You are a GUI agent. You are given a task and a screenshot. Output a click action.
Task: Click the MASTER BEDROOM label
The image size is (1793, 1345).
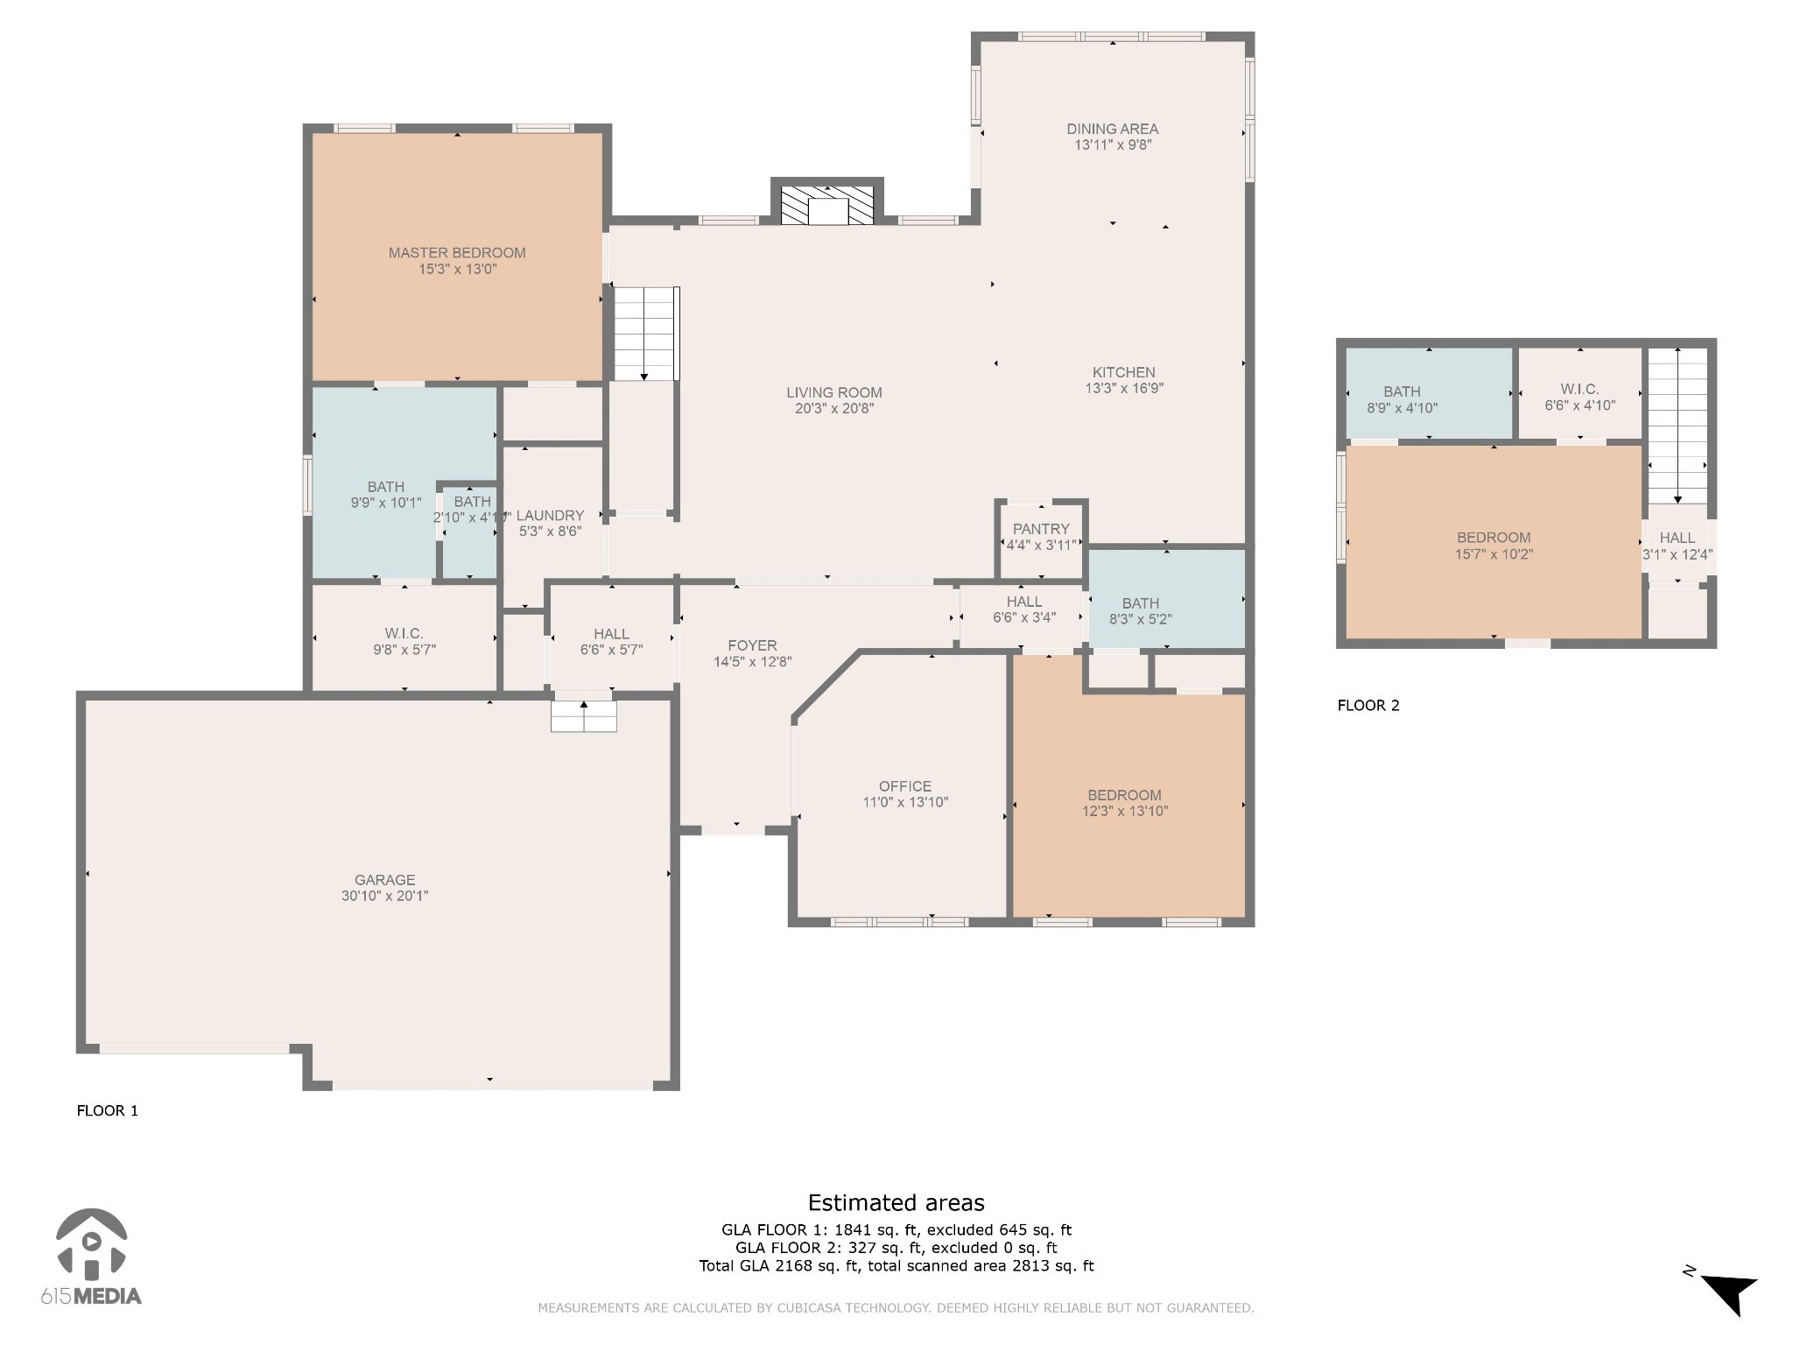click(x=457, y=253)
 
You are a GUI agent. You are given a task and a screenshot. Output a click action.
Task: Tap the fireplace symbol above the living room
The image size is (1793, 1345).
click(x=827, y=205)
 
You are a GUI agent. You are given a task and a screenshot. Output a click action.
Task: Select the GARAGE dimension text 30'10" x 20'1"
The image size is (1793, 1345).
click(x=385, y=896)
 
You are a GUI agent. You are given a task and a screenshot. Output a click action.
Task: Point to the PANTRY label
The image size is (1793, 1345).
click(x=1041, y=529)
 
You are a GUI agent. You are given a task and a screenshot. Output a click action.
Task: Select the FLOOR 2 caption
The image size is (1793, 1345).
click(x=1368, y=706)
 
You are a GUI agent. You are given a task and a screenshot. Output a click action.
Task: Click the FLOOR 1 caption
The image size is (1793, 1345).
click(x=108, y=1111)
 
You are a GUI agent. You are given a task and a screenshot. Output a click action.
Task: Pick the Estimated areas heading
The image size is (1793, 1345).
click(x=896, y=1203)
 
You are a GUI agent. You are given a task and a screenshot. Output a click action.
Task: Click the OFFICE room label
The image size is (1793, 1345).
click(x=905, y=786)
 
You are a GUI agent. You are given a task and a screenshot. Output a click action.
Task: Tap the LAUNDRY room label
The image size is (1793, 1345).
click(x=550, y=516)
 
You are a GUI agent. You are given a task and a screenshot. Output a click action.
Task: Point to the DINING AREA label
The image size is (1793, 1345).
click(x=1112, y=129)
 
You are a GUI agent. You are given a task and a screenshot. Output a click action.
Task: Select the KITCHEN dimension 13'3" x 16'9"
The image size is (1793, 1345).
click(x=1124, y=388)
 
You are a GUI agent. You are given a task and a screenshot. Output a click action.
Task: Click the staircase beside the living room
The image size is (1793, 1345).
click(x=646, y=334)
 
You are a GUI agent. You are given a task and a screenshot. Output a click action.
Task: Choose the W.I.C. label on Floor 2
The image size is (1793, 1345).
click(x=1579, y=389)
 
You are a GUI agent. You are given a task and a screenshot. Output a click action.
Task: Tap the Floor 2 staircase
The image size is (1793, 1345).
click(x=1677, y=426)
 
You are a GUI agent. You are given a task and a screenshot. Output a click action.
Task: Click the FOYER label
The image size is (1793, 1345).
click(x=752, y=646)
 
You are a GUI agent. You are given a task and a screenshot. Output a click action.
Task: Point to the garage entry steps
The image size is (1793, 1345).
click(x=584, y=716)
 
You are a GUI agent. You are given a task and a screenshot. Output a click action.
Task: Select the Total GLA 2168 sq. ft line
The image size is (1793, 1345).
click(x=896, y=1265)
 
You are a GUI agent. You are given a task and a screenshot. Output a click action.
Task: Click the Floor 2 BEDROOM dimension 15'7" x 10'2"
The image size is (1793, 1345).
click(x=1494, y=554)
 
